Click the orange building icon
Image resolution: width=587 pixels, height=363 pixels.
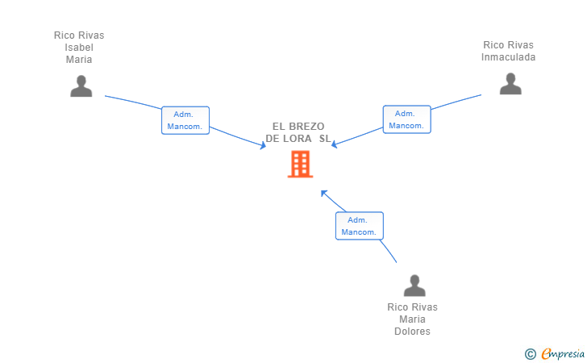click(x=300, y=164)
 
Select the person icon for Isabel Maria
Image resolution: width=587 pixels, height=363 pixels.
click(x=81, y=86)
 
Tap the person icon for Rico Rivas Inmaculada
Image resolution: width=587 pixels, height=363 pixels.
click(x=510, y=84)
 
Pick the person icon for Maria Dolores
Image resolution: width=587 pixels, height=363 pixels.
click(x=414, y=286)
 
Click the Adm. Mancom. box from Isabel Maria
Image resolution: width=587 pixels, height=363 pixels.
click(x=185, y=120)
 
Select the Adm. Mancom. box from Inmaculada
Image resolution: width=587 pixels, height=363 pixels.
click(x=407, y=119)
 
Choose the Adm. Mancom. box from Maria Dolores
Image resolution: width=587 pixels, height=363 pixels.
click(x=360, y=226)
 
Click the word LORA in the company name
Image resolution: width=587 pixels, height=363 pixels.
click(x=298, y=139)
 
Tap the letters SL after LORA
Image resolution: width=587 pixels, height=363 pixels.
click(x=325, y=139)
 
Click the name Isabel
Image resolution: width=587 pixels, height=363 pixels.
click(x=79, y=48)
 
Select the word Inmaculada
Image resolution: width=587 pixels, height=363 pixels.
click(x=508, y=57)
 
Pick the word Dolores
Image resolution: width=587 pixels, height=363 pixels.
click(x=412, y=332)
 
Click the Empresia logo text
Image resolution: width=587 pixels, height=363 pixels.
click(x=563, y=353)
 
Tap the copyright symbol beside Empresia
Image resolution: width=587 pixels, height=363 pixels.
click(x=531, y=354)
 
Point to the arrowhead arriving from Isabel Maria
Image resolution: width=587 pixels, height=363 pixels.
click(x=263, y=145)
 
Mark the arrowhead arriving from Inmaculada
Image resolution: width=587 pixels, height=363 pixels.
click(x=335, y=144)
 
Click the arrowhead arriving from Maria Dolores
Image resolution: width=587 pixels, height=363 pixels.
click(x=324, y=194)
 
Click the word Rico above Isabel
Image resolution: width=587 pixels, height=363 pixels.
click(x=65, y=35)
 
